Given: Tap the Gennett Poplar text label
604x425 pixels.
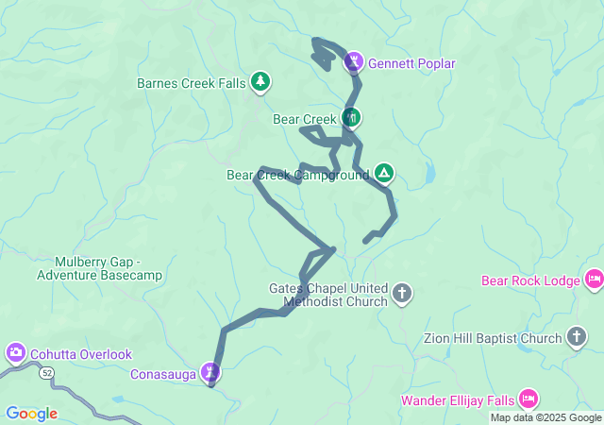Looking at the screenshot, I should coord(411,64).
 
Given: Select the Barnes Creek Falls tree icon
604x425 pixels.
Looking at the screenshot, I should coord(260,83).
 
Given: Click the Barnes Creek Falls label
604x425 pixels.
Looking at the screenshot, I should coord(191,83).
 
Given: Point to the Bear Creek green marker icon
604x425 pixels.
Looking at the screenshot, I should coord(352,118).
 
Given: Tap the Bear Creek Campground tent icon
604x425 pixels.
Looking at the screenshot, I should coord(383,173).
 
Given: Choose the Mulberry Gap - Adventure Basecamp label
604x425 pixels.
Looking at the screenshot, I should coord(99,268).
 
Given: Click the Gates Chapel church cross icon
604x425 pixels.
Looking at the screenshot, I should coord(402,293).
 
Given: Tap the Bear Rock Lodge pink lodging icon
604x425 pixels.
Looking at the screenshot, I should coord(594,280).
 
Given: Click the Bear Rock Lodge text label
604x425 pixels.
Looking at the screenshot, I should coord(530,280).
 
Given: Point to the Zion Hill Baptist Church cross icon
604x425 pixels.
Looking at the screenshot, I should coord(577,337).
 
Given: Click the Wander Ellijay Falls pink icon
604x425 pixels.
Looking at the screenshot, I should coord(528,399).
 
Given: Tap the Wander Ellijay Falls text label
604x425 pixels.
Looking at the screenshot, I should coord(459,399).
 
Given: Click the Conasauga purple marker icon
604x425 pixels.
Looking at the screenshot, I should coord(212,372).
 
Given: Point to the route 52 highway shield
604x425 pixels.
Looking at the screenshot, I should coord(46,373).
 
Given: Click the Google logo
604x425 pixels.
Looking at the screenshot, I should coord(31,414).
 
